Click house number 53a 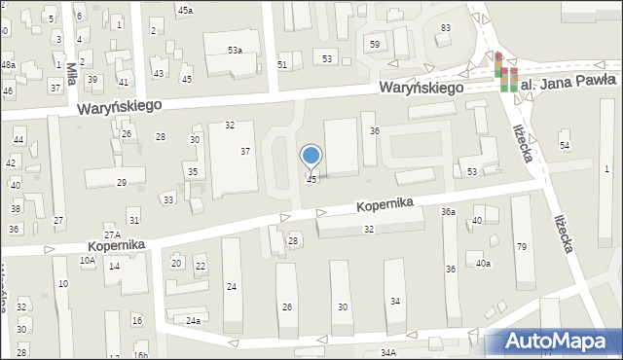pyautogui.click(x=235, y=49)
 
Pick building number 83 pyautogui.click(x=446, y=27)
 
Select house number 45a pyautogui.click(x=185, y=9)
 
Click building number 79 pyautogui.click(x=522, y=246)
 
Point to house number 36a pyautogui.click(x=448, y=211)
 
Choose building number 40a pyautogui.click(x=483, y=263)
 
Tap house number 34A pyautogui.click(x=388, y=352)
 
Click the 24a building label pyautogui.click(x=194, y=320)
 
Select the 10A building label pyautogui.click(x=88, y=260)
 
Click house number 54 pyautogui.click(x=565, y=145)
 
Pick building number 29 pyautogui.click(x=122, y=183)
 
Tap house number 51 pyautogui.click(x=282, y=64)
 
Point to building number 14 pyautogui.click(x=114, y=266)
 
